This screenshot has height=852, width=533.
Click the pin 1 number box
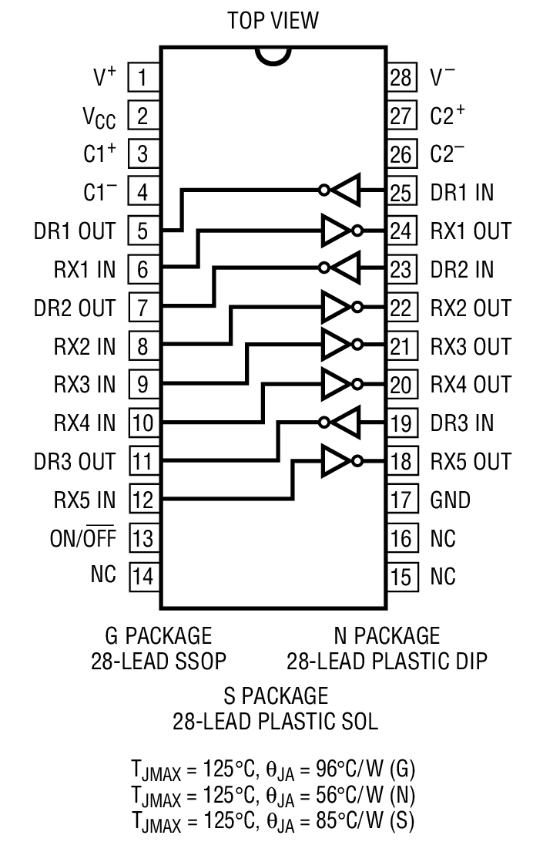[142, 77]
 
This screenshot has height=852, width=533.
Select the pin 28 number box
[401, 77]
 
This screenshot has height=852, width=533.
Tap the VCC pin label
[99, 116]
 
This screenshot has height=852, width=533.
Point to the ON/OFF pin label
[82, 538]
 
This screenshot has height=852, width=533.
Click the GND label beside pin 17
[451, 500]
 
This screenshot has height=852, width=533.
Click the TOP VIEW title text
[273, 21]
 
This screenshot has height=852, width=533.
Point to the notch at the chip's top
[273, 56]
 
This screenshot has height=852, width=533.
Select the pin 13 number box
[142, 538]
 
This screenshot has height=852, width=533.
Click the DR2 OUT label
[74, 308]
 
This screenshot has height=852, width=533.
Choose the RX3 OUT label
[471, 346]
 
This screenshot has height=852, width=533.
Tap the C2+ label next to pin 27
[448, 116]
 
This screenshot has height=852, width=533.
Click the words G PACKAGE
[158, 636]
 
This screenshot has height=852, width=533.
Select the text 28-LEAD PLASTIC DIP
[387, 662]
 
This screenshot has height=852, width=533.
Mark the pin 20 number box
[401, 385]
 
